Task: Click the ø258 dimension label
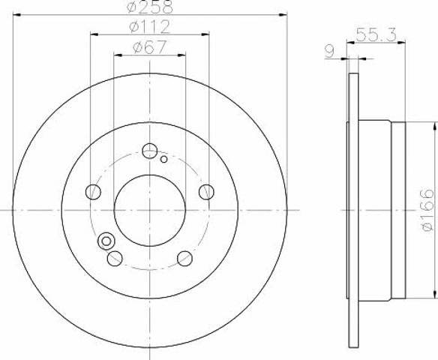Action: coord(150,7)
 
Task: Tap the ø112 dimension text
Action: coord(150,27)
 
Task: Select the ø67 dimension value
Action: coord(150,47)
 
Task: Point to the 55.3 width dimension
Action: coord(376,35)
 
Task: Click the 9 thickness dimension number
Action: coord(330,52)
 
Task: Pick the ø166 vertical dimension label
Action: coord(427,210)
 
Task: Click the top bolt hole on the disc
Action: coord(150,151)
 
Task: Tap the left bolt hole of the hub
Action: coord(93,192)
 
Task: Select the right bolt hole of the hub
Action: coord(206,192)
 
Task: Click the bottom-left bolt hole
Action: coord(115,258)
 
